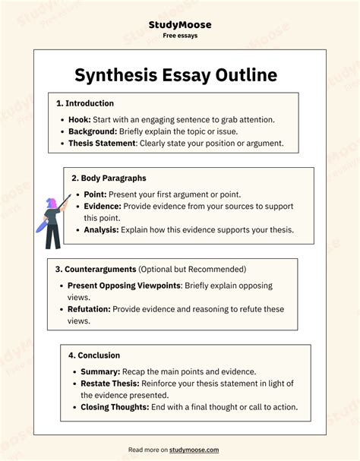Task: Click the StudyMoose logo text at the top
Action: pos(179,24)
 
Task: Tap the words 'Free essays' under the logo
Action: pos(179,36)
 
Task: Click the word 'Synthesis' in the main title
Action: pos(121,75)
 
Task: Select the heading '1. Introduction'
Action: pos(84,103)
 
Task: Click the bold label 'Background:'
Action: pos(96,131)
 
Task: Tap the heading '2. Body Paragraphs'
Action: pos(109,178)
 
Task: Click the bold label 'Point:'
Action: pos(96,194)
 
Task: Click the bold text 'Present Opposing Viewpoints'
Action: pos(125,286)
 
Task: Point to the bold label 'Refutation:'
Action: pos(90,309)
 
